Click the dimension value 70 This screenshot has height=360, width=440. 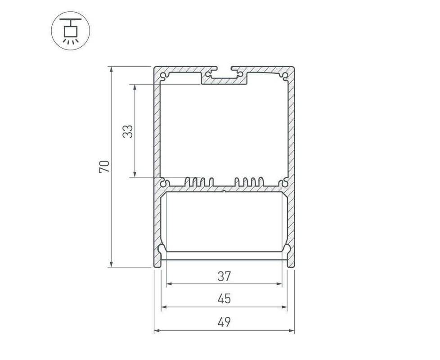tap(104, 166)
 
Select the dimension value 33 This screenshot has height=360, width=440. tap(128, 131)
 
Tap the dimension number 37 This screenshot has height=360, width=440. tap(224, 276)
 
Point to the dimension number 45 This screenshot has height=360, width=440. tap(224, 299)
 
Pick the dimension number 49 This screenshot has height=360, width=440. tap(224, 322)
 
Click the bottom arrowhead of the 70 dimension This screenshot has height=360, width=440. tap(112, 264)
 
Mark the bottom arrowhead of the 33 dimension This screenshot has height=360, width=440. tap(135, 174)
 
